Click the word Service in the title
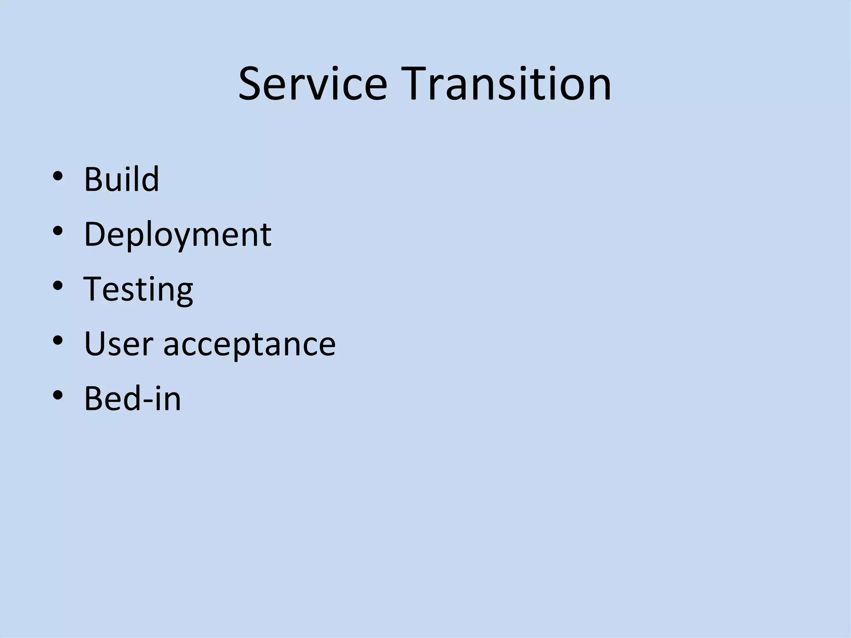pyautogui.click(x=312, y=84)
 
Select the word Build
pyautogui.click(x=121, y=179)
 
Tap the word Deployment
pyautogui.click(x=177, y=235)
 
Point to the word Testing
pyautogui.click(x=138, y=290)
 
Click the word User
pyautogui.click(x=118, y=344)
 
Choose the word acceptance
pyautogui.click(x=249, y=345)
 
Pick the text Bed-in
pyautogui.click(x=133, y=399)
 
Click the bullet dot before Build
pyautogui.click(x=58, y=176)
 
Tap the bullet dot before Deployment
pyautogui.click(x=58, y=231)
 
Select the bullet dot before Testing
pyautogui.click(x=58, y=286)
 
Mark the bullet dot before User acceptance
pyautogui.click(x=58, y=341)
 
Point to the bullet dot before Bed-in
pyautogui.click(x=58, y=395)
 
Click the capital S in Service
pyautogui.click(x=251, y=84)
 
